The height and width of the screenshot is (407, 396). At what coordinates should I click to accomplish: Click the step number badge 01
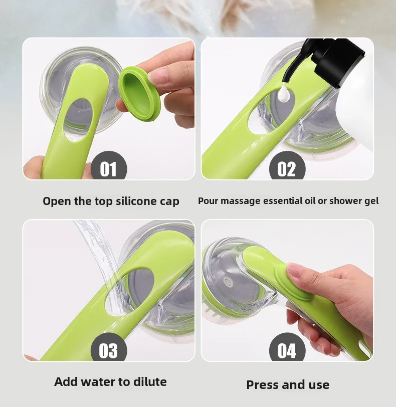click(108, 166)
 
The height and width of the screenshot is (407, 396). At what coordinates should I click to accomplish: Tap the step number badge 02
click(287, 166)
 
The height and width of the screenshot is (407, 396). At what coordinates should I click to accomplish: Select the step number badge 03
click(108, 348)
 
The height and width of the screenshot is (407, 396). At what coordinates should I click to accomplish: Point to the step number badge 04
click(287, 348)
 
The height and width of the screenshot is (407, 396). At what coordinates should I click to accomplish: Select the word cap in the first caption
click(169, 202)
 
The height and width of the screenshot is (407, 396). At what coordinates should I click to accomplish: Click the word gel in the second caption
click(371, 201)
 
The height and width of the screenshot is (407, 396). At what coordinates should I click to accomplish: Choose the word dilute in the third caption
click(150, 381)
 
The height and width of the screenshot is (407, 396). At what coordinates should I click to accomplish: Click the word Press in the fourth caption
click(262, 384)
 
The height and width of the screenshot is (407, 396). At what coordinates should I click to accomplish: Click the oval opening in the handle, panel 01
click(78, 120)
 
